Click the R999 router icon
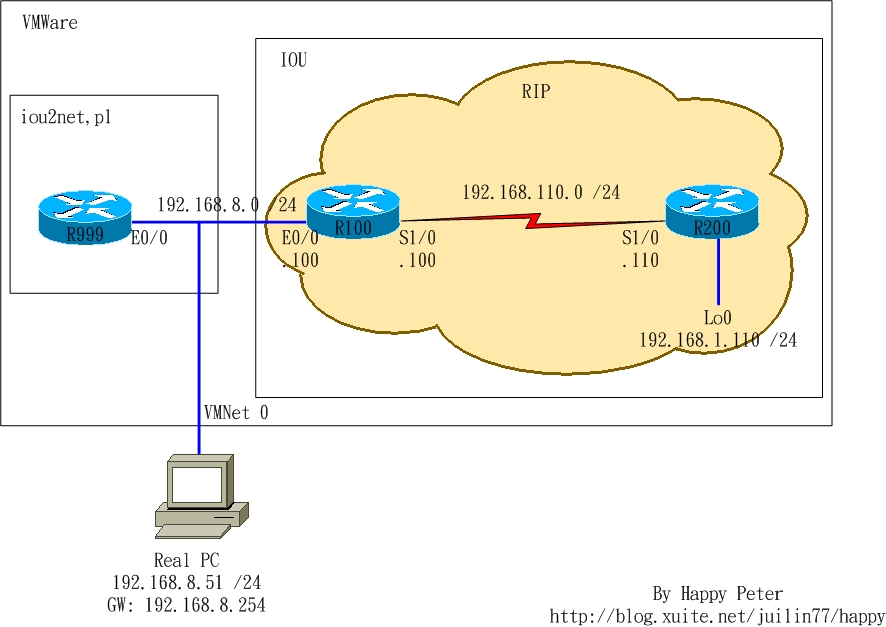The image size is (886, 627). click(x=85, y=217)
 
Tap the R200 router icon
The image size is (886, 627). click(x=712, y=210)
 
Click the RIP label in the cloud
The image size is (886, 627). click(x=535, y=92)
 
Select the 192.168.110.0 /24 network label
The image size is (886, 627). click(x=540, y=192)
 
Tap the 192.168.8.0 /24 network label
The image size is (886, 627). click(x=226, y=205)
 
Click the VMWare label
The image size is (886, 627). click(x=50, y=22)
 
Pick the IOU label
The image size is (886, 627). click(x=293, y=61)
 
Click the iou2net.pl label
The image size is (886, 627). click(x=66, y=117)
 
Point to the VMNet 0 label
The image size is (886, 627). click(x=236, y=412)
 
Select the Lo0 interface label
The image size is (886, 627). click(x=717, y=318)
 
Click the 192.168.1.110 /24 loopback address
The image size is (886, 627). click(x=717, y=340)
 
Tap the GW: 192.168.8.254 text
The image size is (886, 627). click(x=186, y=605)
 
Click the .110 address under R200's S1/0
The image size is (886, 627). click(x=640, y=261)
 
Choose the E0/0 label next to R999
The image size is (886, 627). click(x=150, y=239)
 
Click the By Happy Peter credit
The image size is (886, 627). click(x=717, y=594)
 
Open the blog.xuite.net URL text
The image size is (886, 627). click(x=717, y=616)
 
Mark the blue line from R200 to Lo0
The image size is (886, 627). click(x=718, y=270)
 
